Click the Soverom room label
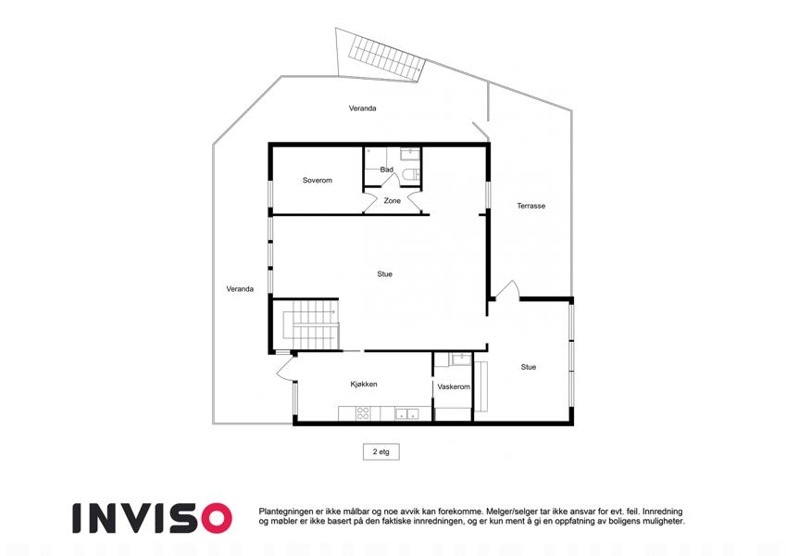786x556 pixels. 318,180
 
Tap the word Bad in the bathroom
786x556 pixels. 386,170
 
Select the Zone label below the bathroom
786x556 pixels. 392,201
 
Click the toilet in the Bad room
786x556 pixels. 411,174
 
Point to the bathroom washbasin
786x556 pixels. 410,153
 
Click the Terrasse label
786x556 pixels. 530,206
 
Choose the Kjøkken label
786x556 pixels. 364,385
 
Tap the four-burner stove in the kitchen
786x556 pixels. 363,413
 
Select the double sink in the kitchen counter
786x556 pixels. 406,414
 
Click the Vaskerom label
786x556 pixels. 454,387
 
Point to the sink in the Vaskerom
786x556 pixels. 460,359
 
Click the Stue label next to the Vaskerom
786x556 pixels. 529,367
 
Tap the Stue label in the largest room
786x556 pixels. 384,274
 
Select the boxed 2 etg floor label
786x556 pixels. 381,451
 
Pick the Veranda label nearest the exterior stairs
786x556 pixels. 362,108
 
